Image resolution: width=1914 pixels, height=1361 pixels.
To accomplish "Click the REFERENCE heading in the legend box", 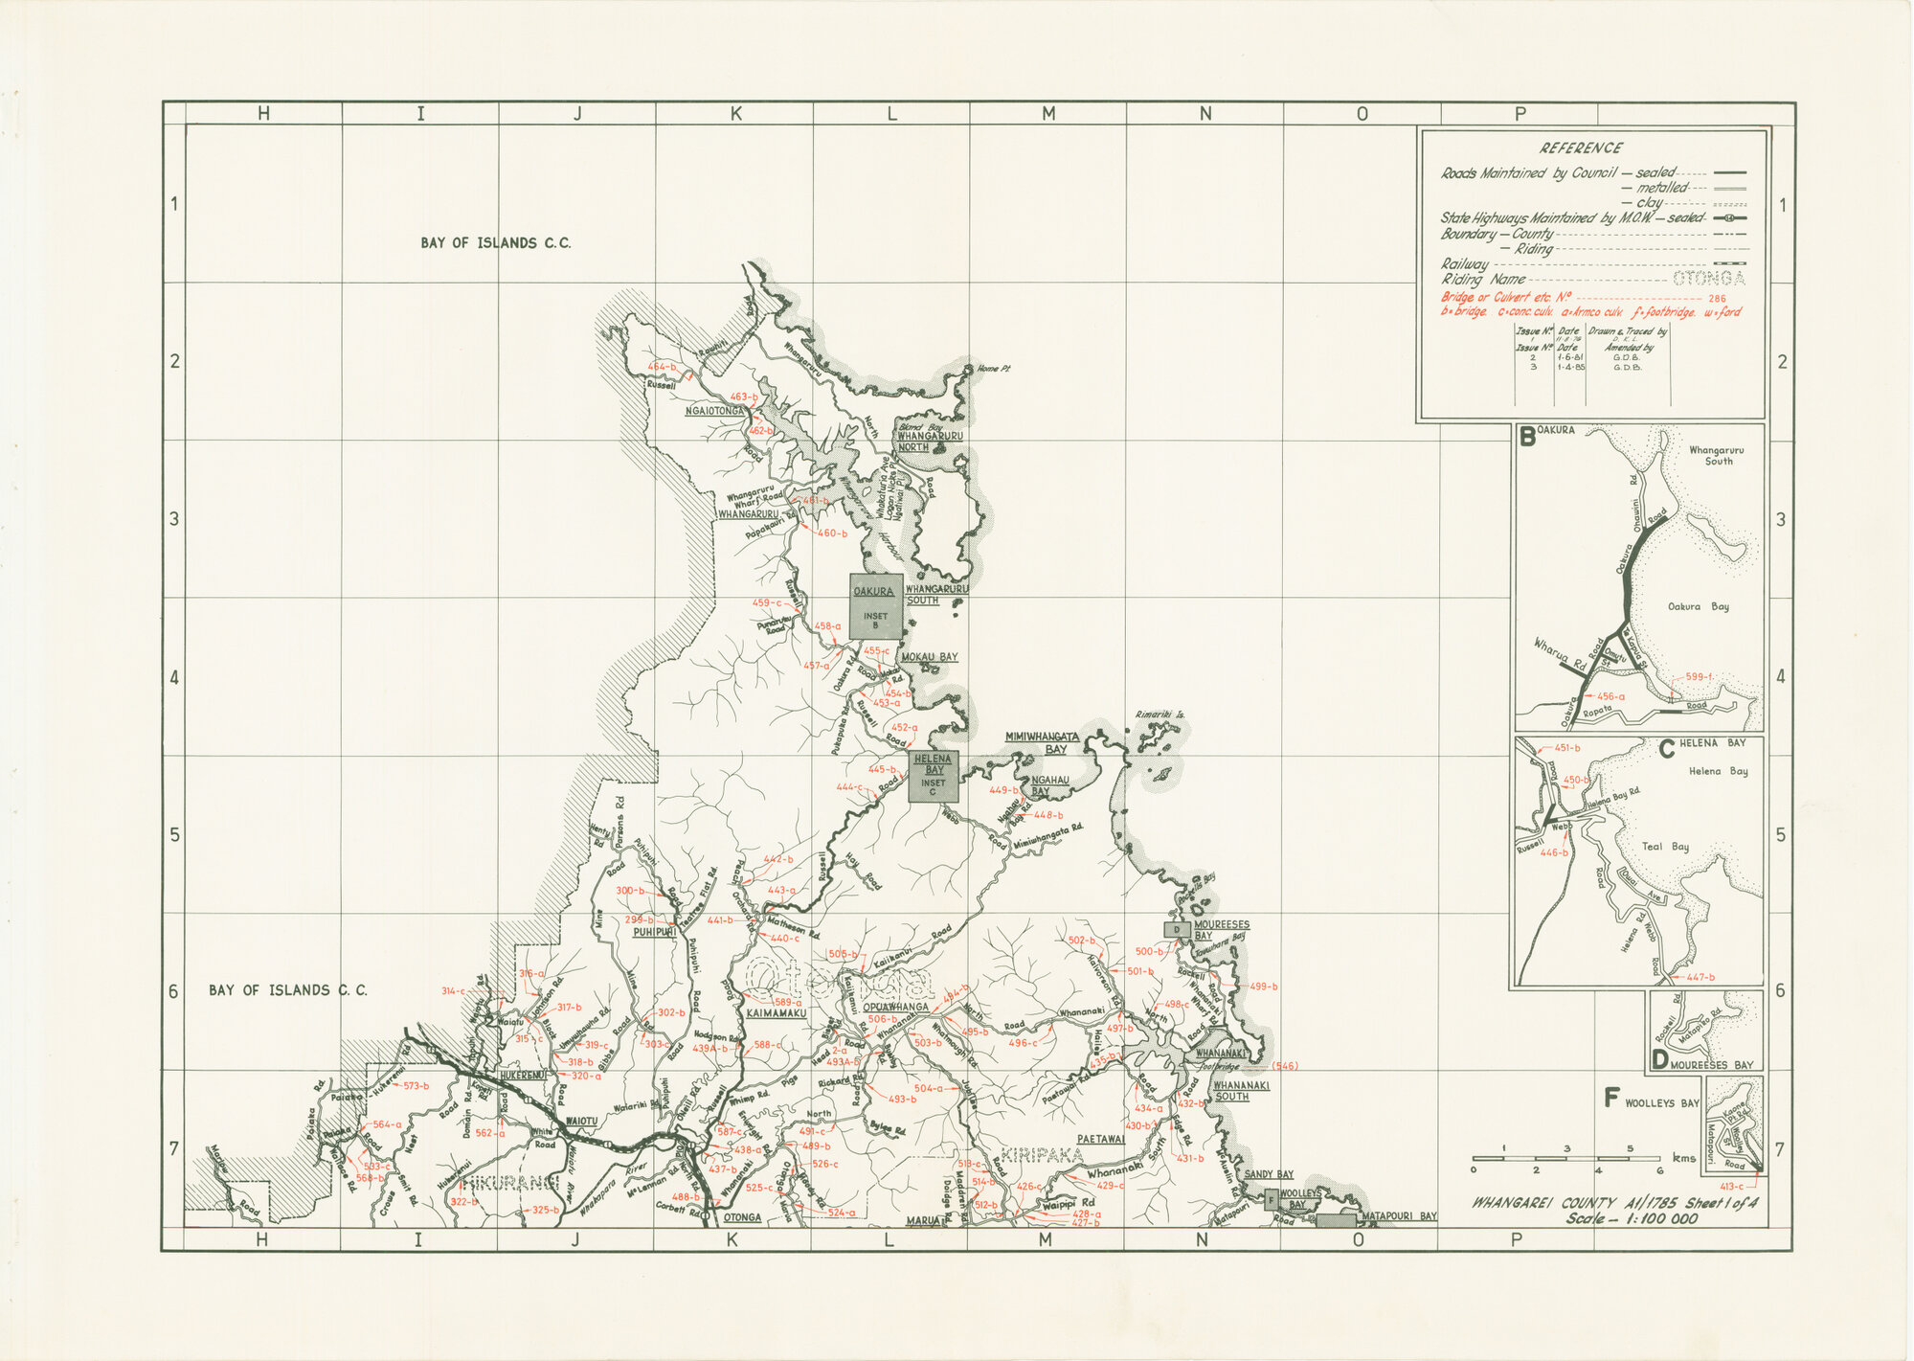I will tap(1581, 148).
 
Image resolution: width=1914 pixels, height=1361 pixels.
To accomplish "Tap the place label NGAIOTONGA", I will tap(714, 411).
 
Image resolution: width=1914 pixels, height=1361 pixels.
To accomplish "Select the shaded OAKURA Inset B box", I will tap(875, 607).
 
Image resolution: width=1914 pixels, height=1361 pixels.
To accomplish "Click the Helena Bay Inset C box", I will tap(933, 777).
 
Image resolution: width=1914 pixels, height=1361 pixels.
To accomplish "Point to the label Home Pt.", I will tap(993, 369).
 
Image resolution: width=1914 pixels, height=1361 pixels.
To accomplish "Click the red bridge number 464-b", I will tap(662, 367).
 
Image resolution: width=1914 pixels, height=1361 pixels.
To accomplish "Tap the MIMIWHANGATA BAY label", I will tap(1043, 742).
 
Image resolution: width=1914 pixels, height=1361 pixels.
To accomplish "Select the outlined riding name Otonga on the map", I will tap(839, 981).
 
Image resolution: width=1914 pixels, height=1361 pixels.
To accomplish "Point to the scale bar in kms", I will tap(1566, 1159).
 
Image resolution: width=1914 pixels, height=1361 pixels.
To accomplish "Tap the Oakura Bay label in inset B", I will tap(1698, 606).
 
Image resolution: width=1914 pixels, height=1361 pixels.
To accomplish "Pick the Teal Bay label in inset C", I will tap(1665, 847).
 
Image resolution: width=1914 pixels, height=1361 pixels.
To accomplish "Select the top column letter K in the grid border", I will tap(735, 114).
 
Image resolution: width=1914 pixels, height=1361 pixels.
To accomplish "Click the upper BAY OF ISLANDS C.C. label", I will tap(495, 243).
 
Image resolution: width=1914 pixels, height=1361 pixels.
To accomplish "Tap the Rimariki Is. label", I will tap(1160, 715).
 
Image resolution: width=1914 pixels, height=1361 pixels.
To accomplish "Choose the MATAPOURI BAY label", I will tap(1399, 1216).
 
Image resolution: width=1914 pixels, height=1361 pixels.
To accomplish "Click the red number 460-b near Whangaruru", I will tap(831, 533).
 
